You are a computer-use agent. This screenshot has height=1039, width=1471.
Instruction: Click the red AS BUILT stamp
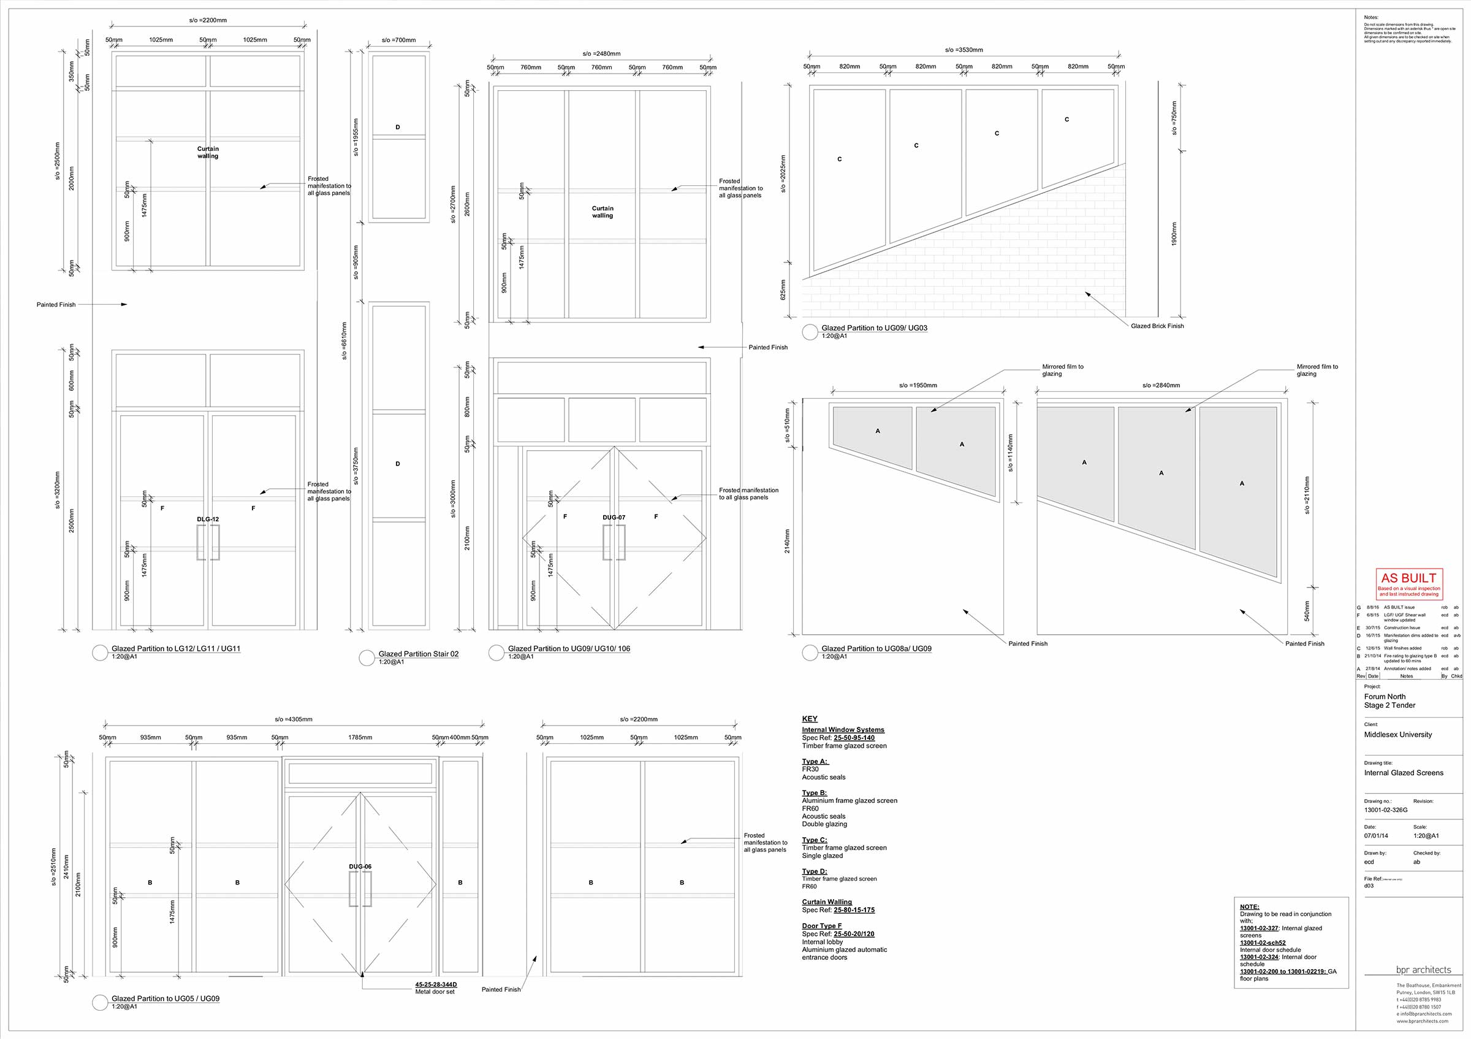tap(1409, 583)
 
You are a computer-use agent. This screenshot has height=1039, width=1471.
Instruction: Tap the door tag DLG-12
tap(208, 519)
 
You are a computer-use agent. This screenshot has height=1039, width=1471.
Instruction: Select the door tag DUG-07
tap(614, 517)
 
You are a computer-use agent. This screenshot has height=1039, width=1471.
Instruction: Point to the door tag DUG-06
tap(360, 867)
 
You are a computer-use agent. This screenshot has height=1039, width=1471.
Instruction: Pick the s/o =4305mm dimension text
tap(294, 719)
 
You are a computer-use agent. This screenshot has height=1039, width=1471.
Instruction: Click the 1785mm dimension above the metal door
tap(360, 738)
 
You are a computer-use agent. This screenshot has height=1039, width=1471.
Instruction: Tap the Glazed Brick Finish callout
tap(1157, 326)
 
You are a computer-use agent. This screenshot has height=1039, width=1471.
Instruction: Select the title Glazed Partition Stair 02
tap(419, 654)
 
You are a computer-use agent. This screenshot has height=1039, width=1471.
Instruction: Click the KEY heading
tap(810, 718)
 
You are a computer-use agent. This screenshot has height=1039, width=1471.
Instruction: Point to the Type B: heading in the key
tap(815, 793)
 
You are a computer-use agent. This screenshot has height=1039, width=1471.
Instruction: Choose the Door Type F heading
tap(822, 926)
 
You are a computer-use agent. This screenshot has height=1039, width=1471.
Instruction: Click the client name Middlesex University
tap(1398, 735)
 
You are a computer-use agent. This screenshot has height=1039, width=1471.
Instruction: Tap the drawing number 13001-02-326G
tap(1386, 810)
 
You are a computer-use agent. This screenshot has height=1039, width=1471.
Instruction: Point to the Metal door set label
tap(435, 992)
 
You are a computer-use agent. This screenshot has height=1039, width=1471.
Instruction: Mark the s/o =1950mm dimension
tap(918, 386)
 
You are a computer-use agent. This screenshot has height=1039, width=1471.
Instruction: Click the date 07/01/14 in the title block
tap(1377, 836)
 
